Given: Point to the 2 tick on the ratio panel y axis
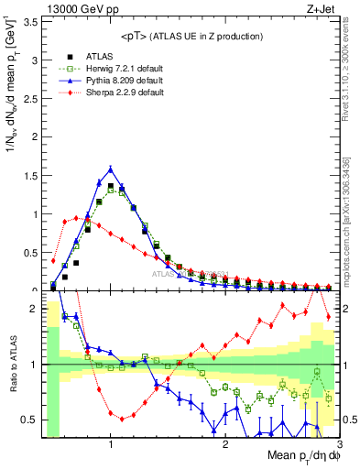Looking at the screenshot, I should (34, 308).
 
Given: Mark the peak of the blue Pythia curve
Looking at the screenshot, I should (111, 169).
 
